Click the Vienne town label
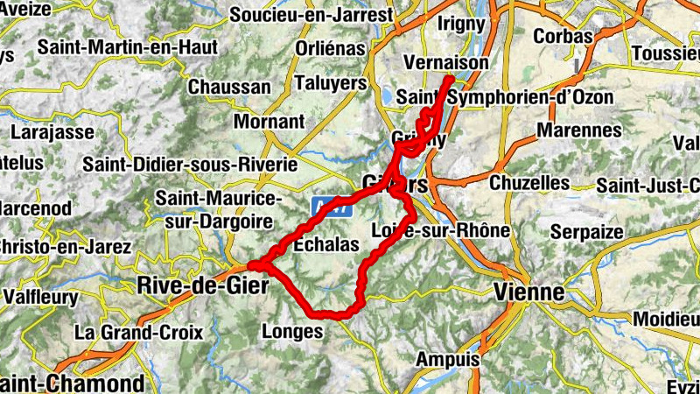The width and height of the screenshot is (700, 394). [x=528, y=292]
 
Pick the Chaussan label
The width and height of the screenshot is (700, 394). [x=229, y=87]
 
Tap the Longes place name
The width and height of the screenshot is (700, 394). [x=292, y=331]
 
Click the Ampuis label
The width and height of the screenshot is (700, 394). [x=448, y=359]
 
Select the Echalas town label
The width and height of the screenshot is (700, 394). [x=327, y=245]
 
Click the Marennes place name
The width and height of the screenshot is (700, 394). [x=579, y=131]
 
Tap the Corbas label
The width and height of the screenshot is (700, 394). [x=563, y=37]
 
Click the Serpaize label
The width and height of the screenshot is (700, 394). [x=587, y=232]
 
